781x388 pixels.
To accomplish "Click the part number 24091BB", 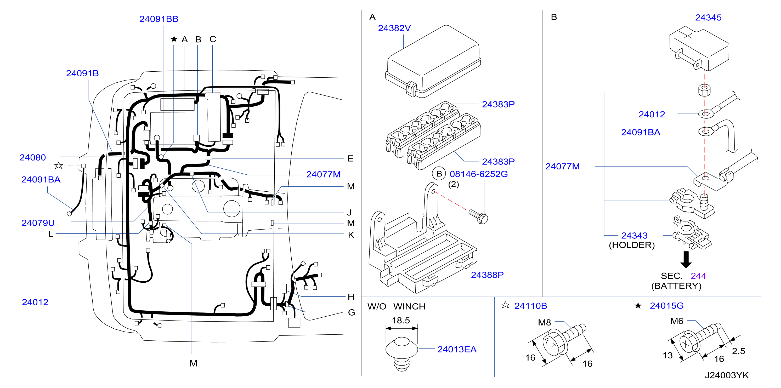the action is [159, 19].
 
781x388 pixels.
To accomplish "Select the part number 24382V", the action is [394, 28].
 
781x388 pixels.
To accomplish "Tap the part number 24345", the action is [708, 18].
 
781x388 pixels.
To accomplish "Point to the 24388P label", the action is [487, 275].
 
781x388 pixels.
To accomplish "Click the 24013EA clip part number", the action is [457, 350].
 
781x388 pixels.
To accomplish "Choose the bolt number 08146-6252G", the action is [479, 174].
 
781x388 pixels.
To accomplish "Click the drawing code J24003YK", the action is [727, 375].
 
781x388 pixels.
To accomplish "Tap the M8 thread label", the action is [545, 323].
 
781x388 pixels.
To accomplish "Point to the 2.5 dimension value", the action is [739, 351].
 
